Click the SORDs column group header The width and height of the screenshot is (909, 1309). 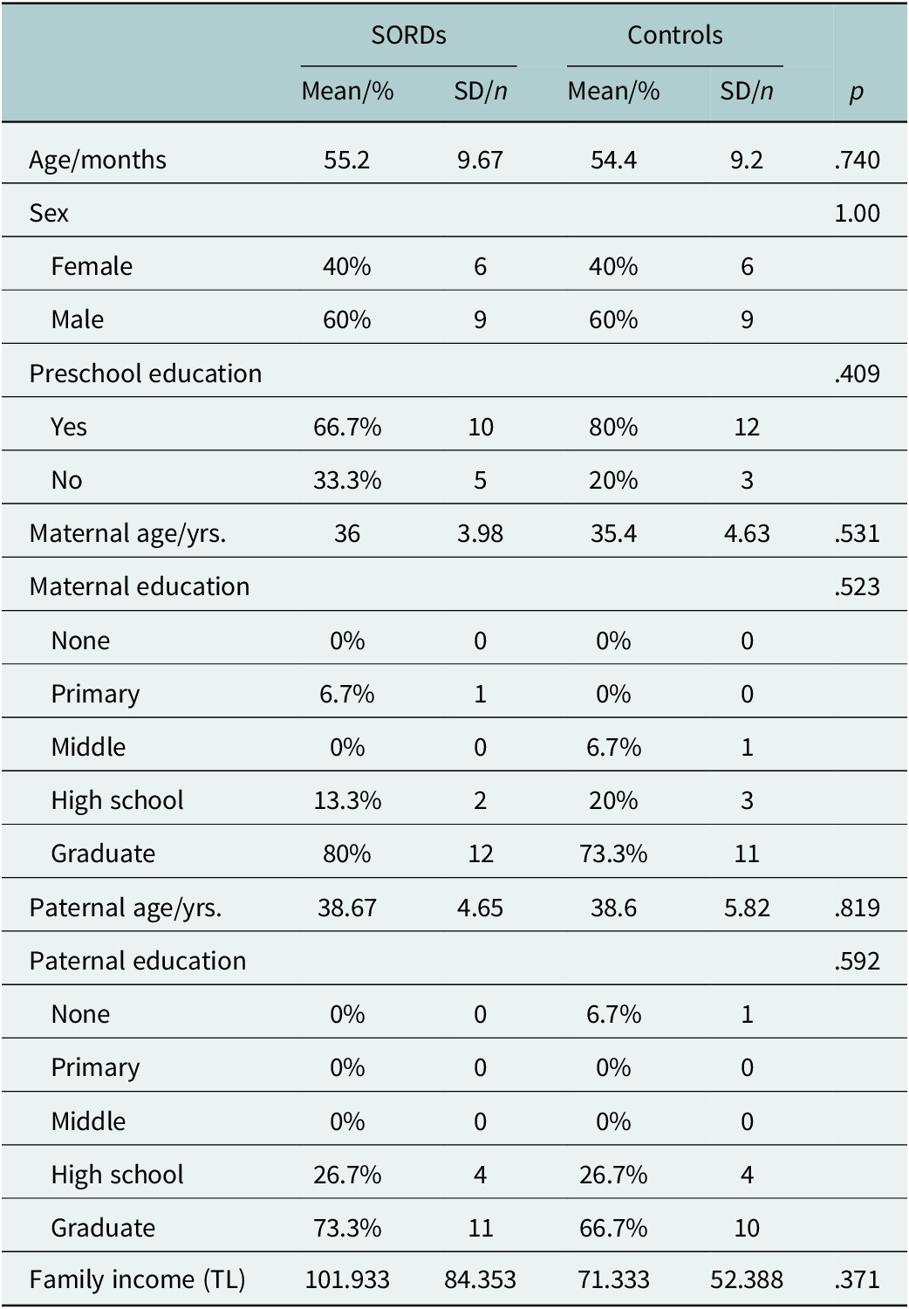point(408,36)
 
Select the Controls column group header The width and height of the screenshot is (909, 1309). point(674,36)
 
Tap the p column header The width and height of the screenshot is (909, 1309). point(857,93)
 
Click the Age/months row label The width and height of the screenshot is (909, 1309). point(98,160)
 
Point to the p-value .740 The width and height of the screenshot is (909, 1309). point(857,160)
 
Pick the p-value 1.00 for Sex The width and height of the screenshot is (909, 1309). point(857,213)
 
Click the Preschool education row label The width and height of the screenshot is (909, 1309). point(146,374)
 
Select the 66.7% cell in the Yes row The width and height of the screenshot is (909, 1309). point(347,428)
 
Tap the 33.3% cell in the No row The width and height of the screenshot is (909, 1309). point(347,480)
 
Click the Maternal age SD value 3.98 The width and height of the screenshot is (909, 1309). point(480,533)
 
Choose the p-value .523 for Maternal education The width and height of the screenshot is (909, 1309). point(857,586)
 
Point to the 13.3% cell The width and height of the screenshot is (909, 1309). point(347,800)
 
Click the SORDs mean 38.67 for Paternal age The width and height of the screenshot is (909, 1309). point(347,908)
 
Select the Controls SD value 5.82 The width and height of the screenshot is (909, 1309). point(747,908)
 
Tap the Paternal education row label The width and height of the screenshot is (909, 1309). point(138,961)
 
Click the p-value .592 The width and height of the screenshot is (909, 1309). point(857,961)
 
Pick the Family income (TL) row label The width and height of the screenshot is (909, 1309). point(137,1280)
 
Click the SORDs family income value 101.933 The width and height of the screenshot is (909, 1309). point(347,1280)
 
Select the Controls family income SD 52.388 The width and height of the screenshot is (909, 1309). point(747,1280)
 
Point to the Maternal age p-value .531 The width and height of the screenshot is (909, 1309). point(857,533)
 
